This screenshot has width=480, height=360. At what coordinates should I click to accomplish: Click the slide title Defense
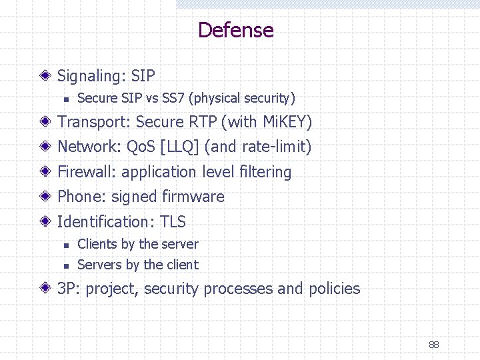pyautogui.click(x=236, y=30)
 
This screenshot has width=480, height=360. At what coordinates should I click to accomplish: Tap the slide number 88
pyautogui.click(x=434, y=345)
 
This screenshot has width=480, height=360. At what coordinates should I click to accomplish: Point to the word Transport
pyautogui.click(x=93, y=122)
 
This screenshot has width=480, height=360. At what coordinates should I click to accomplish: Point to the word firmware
pyautogui.click(x=193, y=197)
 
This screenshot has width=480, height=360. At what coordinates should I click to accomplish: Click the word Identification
pyautogui.click(x=107, y=221)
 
